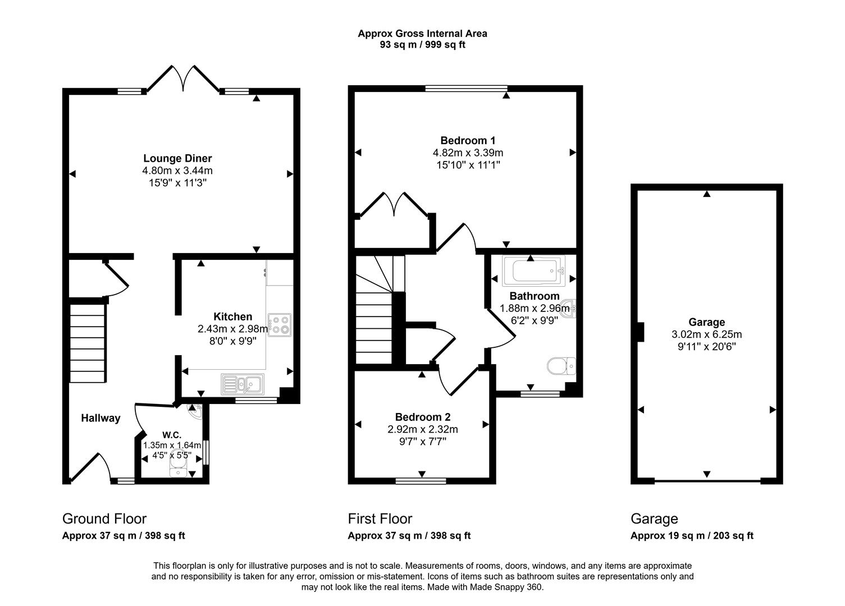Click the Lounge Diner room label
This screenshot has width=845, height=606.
click(177, 158)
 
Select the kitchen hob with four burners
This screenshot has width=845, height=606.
click(280, 324)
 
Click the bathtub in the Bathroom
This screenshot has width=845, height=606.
click(530, 271)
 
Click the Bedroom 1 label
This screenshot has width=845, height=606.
click(467, 140)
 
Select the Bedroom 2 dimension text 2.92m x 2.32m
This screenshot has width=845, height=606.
click(422, 429)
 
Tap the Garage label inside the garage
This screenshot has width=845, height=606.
click(706, 322)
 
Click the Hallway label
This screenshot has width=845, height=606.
click(101, 418)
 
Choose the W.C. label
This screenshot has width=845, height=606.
click(171, 435)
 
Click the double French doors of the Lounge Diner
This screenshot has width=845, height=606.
click(182, 79)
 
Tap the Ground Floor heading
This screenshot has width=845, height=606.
click(104, 518)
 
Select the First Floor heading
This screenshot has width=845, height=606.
click(380, 518)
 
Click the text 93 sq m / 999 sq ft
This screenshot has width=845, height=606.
click(422, 45)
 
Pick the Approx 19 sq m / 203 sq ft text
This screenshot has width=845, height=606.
click(692, 536)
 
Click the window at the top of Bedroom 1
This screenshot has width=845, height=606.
click(466, 88)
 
